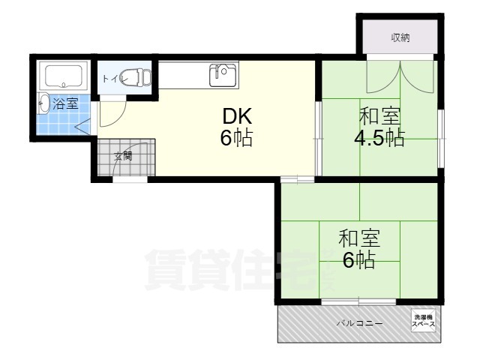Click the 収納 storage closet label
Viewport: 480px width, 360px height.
[x=400, y=38]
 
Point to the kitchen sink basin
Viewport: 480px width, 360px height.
[x=223, y=74]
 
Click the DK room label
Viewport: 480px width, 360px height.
[x=236, y=116]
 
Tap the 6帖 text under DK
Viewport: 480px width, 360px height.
[x=236, y=139]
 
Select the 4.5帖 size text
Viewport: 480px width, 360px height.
[x=379, y=139]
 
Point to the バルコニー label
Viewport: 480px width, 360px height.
[x=359, y=323]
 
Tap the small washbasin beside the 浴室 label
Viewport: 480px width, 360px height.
[x=43, y=103]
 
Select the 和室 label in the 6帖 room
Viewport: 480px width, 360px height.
[x=359, y=239]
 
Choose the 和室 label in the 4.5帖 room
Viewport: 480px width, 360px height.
[x=379, y=116]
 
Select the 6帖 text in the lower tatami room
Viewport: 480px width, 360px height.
[x=359, y=261]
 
